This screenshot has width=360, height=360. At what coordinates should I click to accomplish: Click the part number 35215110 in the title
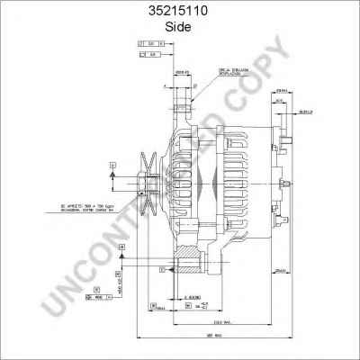click(x=179, y=13)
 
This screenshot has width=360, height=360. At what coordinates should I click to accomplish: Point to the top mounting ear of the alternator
click(x=185, y=94)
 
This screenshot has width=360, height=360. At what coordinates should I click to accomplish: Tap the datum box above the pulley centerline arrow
click(x=111, y=165)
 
